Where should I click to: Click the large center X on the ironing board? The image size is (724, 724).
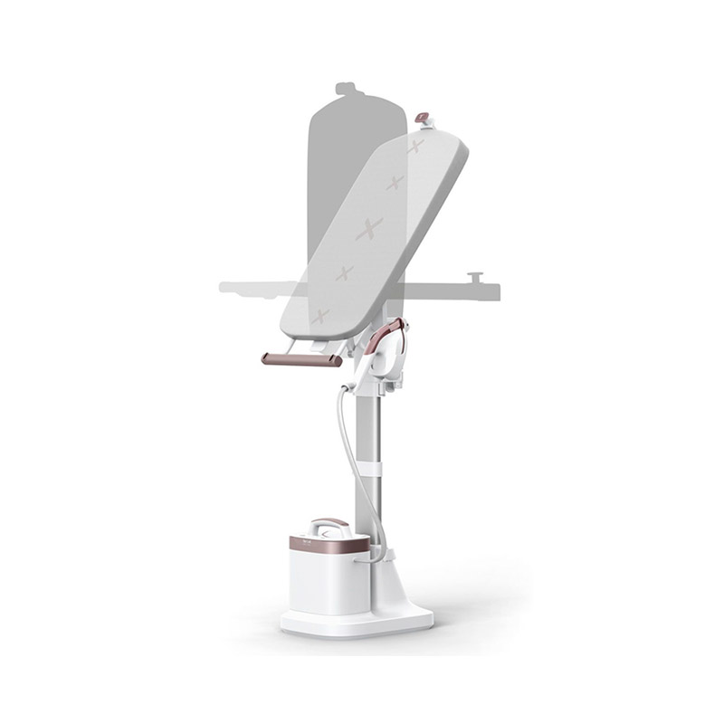pyautogui.click(x=369, y=228)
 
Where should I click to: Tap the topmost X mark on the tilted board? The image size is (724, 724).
pyautogui.click(x=414, y=147)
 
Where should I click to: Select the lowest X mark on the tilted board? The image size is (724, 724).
pyautogui.click(x=319, y=316)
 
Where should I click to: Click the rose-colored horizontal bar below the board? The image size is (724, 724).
pyautogui.click(x=301, y=359)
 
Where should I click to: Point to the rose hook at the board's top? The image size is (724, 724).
pyautogui.click(x=422, y=119)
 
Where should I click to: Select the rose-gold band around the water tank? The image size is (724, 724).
pyautogui.click(x=329, y=545)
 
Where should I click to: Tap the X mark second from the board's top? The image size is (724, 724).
pyautogui.click(x=395, y=184)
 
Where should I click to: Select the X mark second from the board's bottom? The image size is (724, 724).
pyautogui.click(x=343, y=272)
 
